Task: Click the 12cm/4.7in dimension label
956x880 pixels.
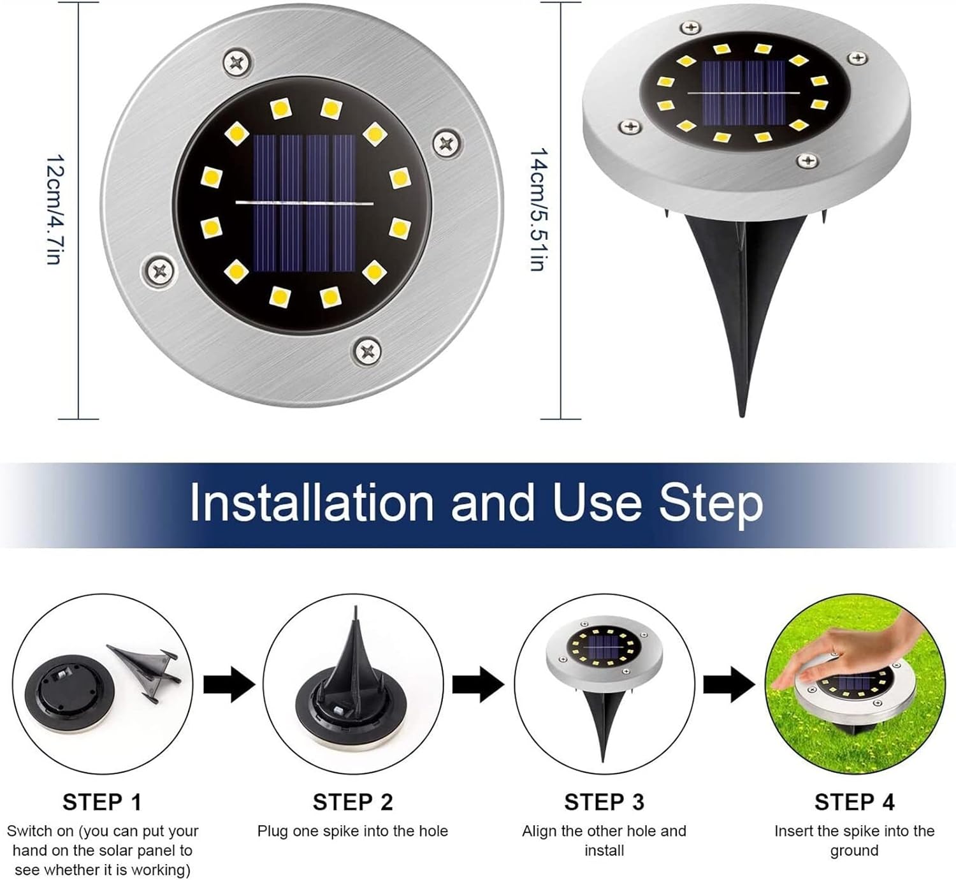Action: click(54, 209)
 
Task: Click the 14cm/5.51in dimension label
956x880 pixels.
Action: click(539, 209)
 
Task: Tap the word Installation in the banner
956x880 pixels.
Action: click(312, 503)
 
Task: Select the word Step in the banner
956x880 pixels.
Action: click(711, 503)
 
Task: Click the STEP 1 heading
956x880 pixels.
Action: click(102, 802)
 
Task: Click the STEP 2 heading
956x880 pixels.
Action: click(352, 802)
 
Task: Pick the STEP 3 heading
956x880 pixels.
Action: click(604, 802)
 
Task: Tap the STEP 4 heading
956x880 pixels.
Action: click(854, 802)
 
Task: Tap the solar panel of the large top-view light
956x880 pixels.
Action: click(304, 203)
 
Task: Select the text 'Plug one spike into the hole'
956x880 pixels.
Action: click(352, 832)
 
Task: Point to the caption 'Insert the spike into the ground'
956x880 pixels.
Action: click(854, 840)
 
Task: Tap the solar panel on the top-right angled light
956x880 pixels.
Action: click(744, 92)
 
